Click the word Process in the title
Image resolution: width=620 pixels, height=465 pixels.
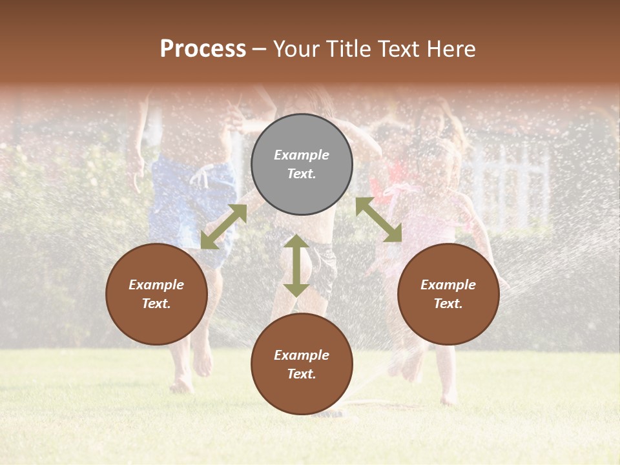(203, 49)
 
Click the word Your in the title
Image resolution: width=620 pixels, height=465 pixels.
(294, 49)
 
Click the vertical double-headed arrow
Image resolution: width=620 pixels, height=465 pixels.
(296, 265)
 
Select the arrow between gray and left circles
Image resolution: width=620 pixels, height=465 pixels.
(223, 227)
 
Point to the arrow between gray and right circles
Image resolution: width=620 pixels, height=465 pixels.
(378, 220)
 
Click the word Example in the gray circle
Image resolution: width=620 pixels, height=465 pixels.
(302, 155)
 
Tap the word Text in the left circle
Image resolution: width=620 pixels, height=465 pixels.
(156, 304)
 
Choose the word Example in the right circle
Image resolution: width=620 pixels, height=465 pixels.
(448, 285)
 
